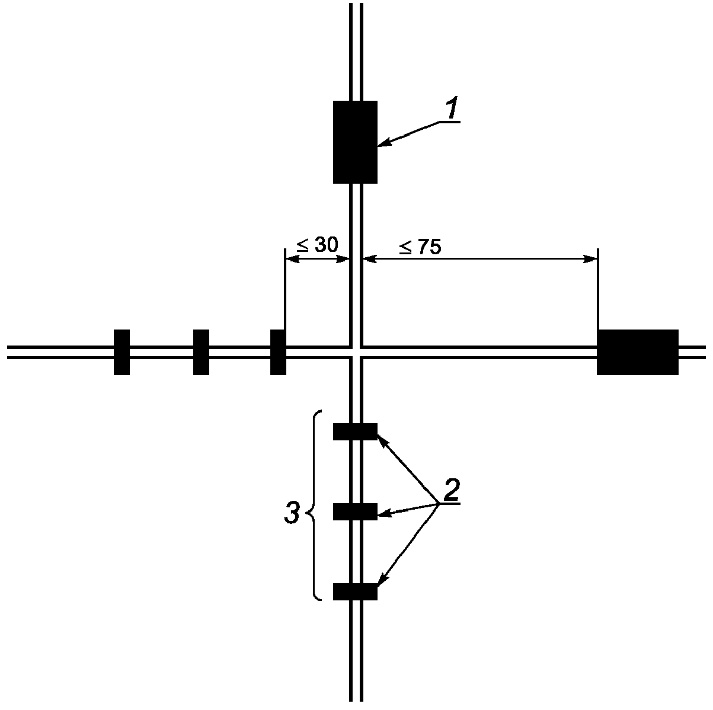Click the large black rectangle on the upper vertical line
coord(355,142)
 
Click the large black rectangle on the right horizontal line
coord(638,352)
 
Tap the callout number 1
coord(452,108)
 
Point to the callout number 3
coord(292,513)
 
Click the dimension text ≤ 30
coord(318,245)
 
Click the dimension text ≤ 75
coord(420,247)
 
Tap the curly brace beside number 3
coord(315,506)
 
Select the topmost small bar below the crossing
coord(355,432)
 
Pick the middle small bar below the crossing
coord(355,511)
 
